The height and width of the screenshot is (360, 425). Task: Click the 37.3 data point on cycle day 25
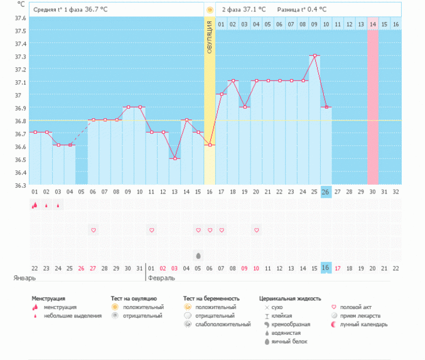click(x=315, y=55)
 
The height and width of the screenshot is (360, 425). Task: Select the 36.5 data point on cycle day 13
click(x=175, y=158)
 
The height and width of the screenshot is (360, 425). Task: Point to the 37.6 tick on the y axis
click(x=20, y=18)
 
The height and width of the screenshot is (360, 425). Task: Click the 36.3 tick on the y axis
click(x=20, y=185)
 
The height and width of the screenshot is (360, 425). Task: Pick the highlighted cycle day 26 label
click(x=326, y=192)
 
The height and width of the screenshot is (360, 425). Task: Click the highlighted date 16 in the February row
click(x=326, y=268)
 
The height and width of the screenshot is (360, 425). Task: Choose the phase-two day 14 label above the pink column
click(x=373, y=24)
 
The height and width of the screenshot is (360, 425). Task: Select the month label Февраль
click(x=161, y=277)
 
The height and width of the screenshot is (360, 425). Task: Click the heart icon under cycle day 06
click(x=93, y=231)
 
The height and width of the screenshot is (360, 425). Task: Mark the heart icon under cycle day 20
click(x=257, y=231)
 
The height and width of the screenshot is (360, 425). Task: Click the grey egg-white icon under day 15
click(x=198, y=256)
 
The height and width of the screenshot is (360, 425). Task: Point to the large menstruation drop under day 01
click(x=35, y=205)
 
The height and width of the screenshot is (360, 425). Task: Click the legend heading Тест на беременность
click(x=212, y=298)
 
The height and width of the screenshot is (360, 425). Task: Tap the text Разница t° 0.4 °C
click(x=302, y=10)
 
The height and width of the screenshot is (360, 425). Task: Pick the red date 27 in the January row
click(x=93, y=268)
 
